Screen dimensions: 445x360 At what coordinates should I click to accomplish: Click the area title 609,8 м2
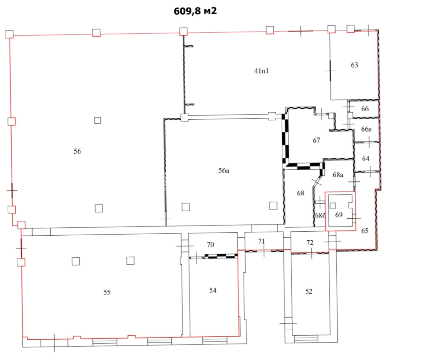(x=195, y=11)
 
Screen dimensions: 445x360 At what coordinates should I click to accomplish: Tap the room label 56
(x=77, y=151)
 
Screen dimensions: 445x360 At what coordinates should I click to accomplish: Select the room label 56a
(x=224, y=171)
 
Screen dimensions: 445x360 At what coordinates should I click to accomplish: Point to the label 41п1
(x=261, y=71)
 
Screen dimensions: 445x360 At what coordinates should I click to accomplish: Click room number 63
(x=354, y=65)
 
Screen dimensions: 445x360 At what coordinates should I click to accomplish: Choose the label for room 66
(x=365, y=109)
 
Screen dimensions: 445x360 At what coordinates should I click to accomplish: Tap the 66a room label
(x=366, y=129)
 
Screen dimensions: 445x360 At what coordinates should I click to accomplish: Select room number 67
(x=316, y=140)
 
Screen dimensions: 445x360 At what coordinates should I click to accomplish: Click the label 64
(x=366, y=158)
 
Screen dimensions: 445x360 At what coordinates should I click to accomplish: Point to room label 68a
(x=338, y=175)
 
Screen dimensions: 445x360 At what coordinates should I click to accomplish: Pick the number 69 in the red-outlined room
(x=339, y=215)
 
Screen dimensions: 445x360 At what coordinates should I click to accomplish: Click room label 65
(x=365, y=231)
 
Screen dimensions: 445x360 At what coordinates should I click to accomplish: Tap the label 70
(x=211, y=244)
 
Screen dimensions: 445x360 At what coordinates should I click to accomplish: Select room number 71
(x=262, y=241)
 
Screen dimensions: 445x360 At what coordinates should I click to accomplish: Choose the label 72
(x=310, y=243)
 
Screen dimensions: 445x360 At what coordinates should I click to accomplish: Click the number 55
(x=107, y=292)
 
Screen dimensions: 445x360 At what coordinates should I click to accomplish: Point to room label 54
(x=213, y=290)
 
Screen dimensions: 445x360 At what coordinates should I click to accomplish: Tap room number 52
(x=309, y=291)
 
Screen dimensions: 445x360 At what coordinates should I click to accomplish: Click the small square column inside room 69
(x=333, y=206)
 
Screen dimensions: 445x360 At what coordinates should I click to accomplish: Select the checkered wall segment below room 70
(x=221, y=256)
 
